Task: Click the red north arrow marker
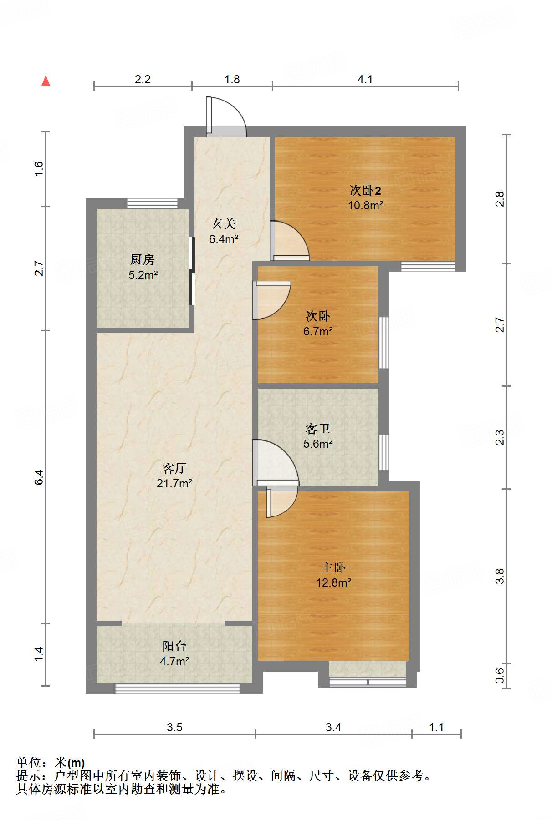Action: pyautogui.click(x=46, y=81)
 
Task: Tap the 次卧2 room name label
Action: pyautogui.click(x=365, y=190)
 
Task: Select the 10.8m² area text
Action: pyautogui.click(x=365, y=205)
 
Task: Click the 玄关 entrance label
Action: pyautogui.click(x=223, y=223)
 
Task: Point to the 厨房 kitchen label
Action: pyautogui.click(x=143, y=259)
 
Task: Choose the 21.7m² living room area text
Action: pyautogui.click(x=174, y=483)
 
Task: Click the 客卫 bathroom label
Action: pyautogui.click(x=318, y=429)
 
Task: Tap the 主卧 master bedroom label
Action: pyautogui.click(x=333, y=567)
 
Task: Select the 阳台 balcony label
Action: pyautogui.click(x=174, y=646)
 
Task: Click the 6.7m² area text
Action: pyautogui.click(x=318, y=331)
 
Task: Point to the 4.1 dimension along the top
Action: pyautogui.click(x=365, y=80)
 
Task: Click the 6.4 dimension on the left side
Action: pyautogui.click(x=39, y=476)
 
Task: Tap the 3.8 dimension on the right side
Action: pyautogui.click(x=500, y=576)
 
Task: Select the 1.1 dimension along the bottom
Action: pyautogui.click(x=436, y=727)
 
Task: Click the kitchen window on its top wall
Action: pyautogui.click(x=152, y=203)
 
